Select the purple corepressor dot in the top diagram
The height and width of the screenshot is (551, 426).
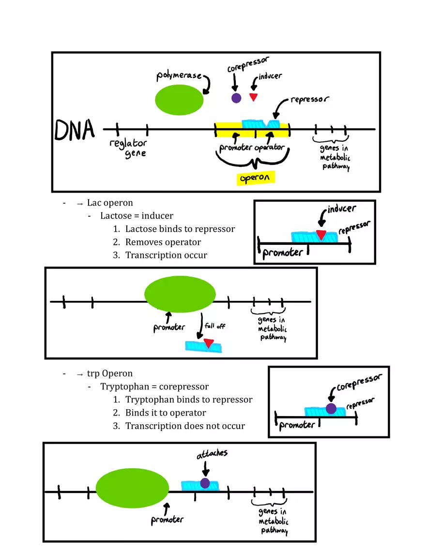236,98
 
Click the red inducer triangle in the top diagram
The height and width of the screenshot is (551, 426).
253,97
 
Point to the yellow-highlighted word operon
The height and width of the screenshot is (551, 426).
256,179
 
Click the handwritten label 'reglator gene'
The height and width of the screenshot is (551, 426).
128,148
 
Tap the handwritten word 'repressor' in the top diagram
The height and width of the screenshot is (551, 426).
310,100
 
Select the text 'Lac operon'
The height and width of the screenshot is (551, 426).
110,203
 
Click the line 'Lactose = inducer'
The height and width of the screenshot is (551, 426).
137,216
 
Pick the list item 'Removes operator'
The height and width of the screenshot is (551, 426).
163,242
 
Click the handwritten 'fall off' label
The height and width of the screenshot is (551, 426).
214,326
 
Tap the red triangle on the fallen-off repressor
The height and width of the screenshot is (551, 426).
208,343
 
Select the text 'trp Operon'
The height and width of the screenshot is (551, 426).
110,373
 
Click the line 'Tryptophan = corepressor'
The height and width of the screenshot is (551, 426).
154,387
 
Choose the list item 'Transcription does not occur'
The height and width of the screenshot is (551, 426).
185,426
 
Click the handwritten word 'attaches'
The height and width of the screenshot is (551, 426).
212,454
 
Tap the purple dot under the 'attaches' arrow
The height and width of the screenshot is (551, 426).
205,483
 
